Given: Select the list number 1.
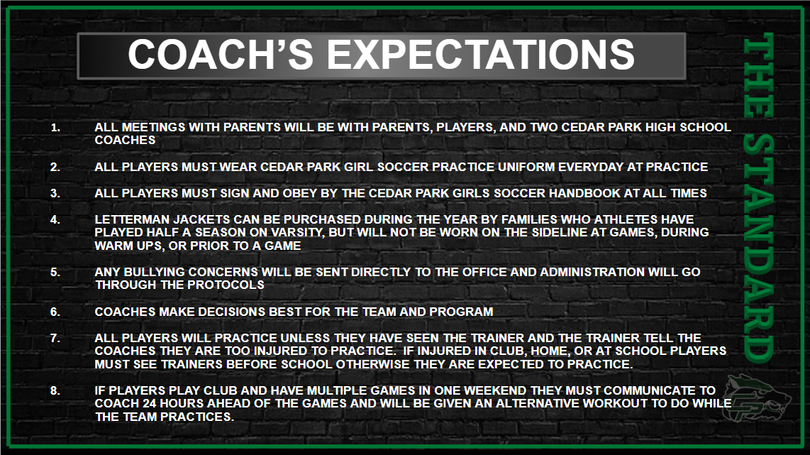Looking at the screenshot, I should coord(55,127).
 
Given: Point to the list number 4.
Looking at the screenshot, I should coord(55,219).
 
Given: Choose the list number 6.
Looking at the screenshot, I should coord(55,312).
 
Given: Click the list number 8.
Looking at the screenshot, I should coord(55,390).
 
